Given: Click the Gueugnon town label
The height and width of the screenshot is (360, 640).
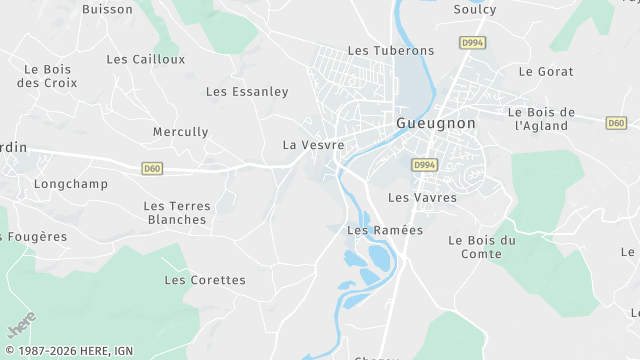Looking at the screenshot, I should (436, 123).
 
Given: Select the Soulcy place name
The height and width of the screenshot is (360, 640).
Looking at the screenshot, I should (475, 9).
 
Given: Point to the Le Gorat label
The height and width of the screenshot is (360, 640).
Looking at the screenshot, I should (546, 72).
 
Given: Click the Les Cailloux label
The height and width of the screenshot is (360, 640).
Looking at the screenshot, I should (146, 59).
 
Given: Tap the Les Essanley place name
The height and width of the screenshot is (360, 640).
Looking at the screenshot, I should (247, 91).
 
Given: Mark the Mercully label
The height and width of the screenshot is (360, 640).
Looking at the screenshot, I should (181, 132).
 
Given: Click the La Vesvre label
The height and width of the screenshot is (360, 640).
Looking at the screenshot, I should (314, 145).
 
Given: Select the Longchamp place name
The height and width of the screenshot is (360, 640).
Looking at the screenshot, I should (70, 184).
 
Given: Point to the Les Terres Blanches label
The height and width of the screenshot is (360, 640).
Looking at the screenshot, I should (177, 212).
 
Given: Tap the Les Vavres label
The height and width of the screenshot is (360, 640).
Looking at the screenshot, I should (422, 198).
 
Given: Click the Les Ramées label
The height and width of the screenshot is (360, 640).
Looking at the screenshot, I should (385, 230).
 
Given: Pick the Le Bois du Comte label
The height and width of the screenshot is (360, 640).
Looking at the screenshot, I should (482, 247).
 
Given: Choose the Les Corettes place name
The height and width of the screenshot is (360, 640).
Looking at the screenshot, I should (205, 280).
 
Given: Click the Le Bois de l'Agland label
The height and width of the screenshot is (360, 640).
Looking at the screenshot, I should (542, 118).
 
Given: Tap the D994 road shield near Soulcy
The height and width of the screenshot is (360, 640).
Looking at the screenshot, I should (471, 43).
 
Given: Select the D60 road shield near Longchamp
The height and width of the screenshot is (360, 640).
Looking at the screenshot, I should (152, 168).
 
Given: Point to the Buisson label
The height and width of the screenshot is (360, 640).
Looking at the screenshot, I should (107, 9).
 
